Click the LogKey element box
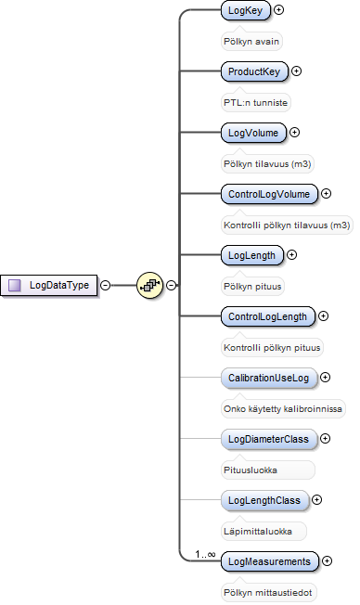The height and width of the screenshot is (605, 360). click(x=245, y=10)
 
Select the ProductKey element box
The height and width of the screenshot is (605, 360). click(x=254, y=71)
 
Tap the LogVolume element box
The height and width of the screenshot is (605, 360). click(x=253, y=133)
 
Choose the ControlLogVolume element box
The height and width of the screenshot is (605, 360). click(x=269, y=194)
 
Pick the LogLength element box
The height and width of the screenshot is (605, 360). click(x=251, y=255)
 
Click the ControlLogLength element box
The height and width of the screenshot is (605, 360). click(x=267, y=316)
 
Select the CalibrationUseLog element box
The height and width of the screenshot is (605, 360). click(x=268, y=378)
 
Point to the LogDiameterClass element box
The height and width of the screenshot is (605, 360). click(x=268, y=439)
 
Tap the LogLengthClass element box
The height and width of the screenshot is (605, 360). click(x=264, y=500)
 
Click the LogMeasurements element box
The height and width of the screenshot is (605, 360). click(x=269, y=561)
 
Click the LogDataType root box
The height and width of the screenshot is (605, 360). click(x=48, y=285)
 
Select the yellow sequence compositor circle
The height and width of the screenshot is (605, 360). click(x=149, y=285)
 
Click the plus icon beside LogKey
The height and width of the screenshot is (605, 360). click(x=278, y=9)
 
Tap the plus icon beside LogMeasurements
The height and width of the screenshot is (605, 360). click(x=327, y=561)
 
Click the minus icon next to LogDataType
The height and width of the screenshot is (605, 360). click(x=105, y=285)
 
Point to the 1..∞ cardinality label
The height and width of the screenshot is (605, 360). click(x=205, y=555)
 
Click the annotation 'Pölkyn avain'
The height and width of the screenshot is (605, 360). click(x=251, y=41)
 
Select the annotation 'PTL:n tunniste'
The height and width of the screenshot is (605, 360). click(x=255, y=103)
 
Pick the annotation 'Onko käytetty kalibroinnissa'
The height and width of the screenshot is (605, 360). click(x=283, y=409)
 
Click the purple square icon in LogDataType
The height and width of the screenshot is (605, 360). click(x=15, y=285)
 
